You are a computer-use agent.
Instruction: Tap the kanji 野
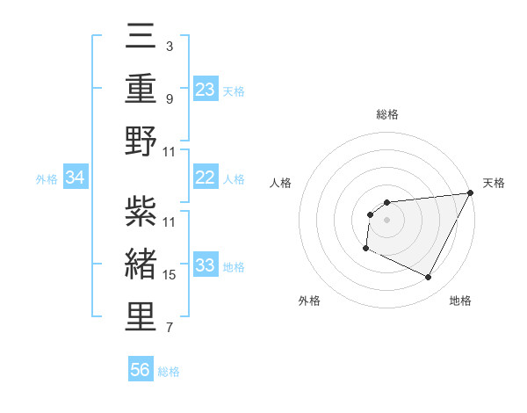(141, 141)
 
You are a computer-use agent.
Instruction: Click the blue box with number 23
(205, 89)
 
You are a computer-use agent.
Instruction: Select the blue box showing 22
(205, 178)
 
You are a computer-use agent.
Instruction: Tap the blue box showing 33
(205, 265)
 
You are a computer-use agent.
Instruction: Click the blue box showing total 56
(141, 370)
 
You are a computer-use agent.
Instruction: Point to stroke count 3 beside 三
(170, 45)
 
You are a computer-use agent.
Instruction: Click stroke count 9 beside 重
(170, 98)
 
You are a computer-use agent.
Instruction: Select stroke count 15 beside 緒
(170, 275)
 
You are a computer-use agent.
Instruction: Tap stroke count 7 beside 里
(170, 328)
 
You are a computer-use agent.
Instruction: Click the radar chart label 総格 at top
(386, 114)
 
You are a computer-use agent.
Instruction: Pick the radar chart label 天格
(494, 183)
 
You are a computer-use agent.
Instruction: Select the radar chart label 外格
(309, 301)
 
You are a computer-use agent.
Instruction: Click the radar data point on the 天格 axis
(470, 192)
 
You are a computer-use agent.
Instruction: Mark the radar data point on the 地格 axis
(429, 278)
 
